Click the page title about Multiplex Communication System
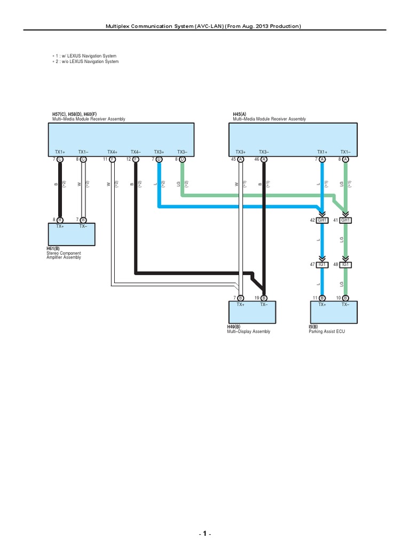205,26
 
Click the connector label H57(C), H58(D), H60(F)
74,114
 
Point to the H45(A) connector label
240,114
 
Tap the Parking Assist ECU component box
334,312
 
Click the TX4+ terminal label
113,152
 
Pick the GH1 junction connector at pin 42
322,220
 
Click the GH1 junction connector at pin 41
345,220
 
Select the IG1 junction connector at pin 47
322,264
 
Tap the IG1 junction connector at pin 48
345,264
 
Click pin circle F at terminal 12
136,159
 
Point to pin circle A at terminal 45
241,159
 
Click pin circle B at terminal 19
264,298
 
